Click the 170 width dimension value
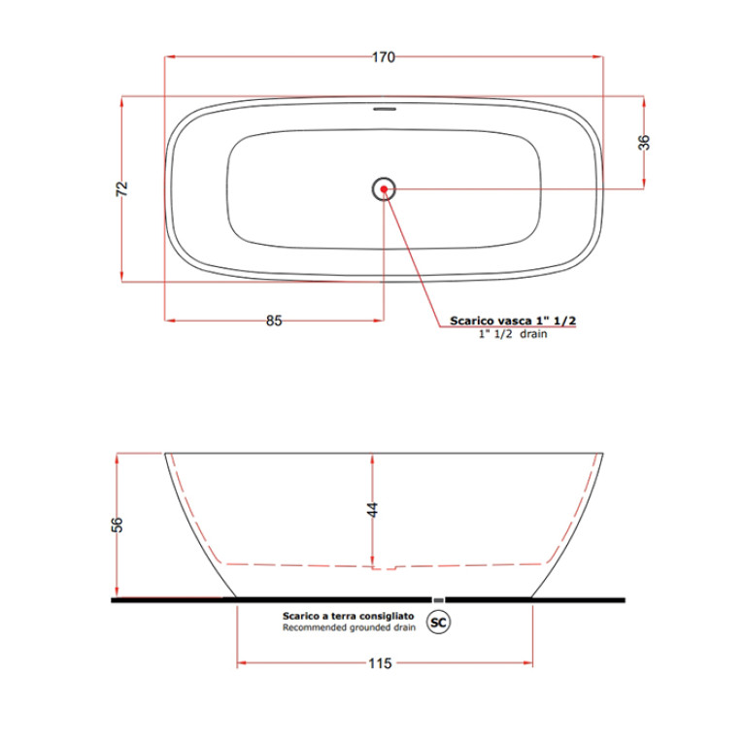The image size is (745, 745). pos(384,57)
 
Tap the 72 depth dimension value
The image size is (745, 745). pos(122,188)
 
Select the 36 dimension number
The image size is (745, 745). pos(644,143)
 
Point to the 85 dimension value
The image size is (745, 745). pos(274,321)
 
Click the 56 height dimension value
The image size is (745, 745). pos(117,525)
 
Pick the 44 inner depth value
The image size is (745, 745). pos(373,510)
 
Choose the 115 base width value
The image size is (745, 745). pos(380,663)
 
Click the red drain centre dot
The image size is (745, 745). pos(384,189)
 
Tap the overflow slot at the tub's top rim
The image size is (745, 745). pos(385,109)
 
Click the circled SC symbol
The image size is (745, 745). pos(438,623)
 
